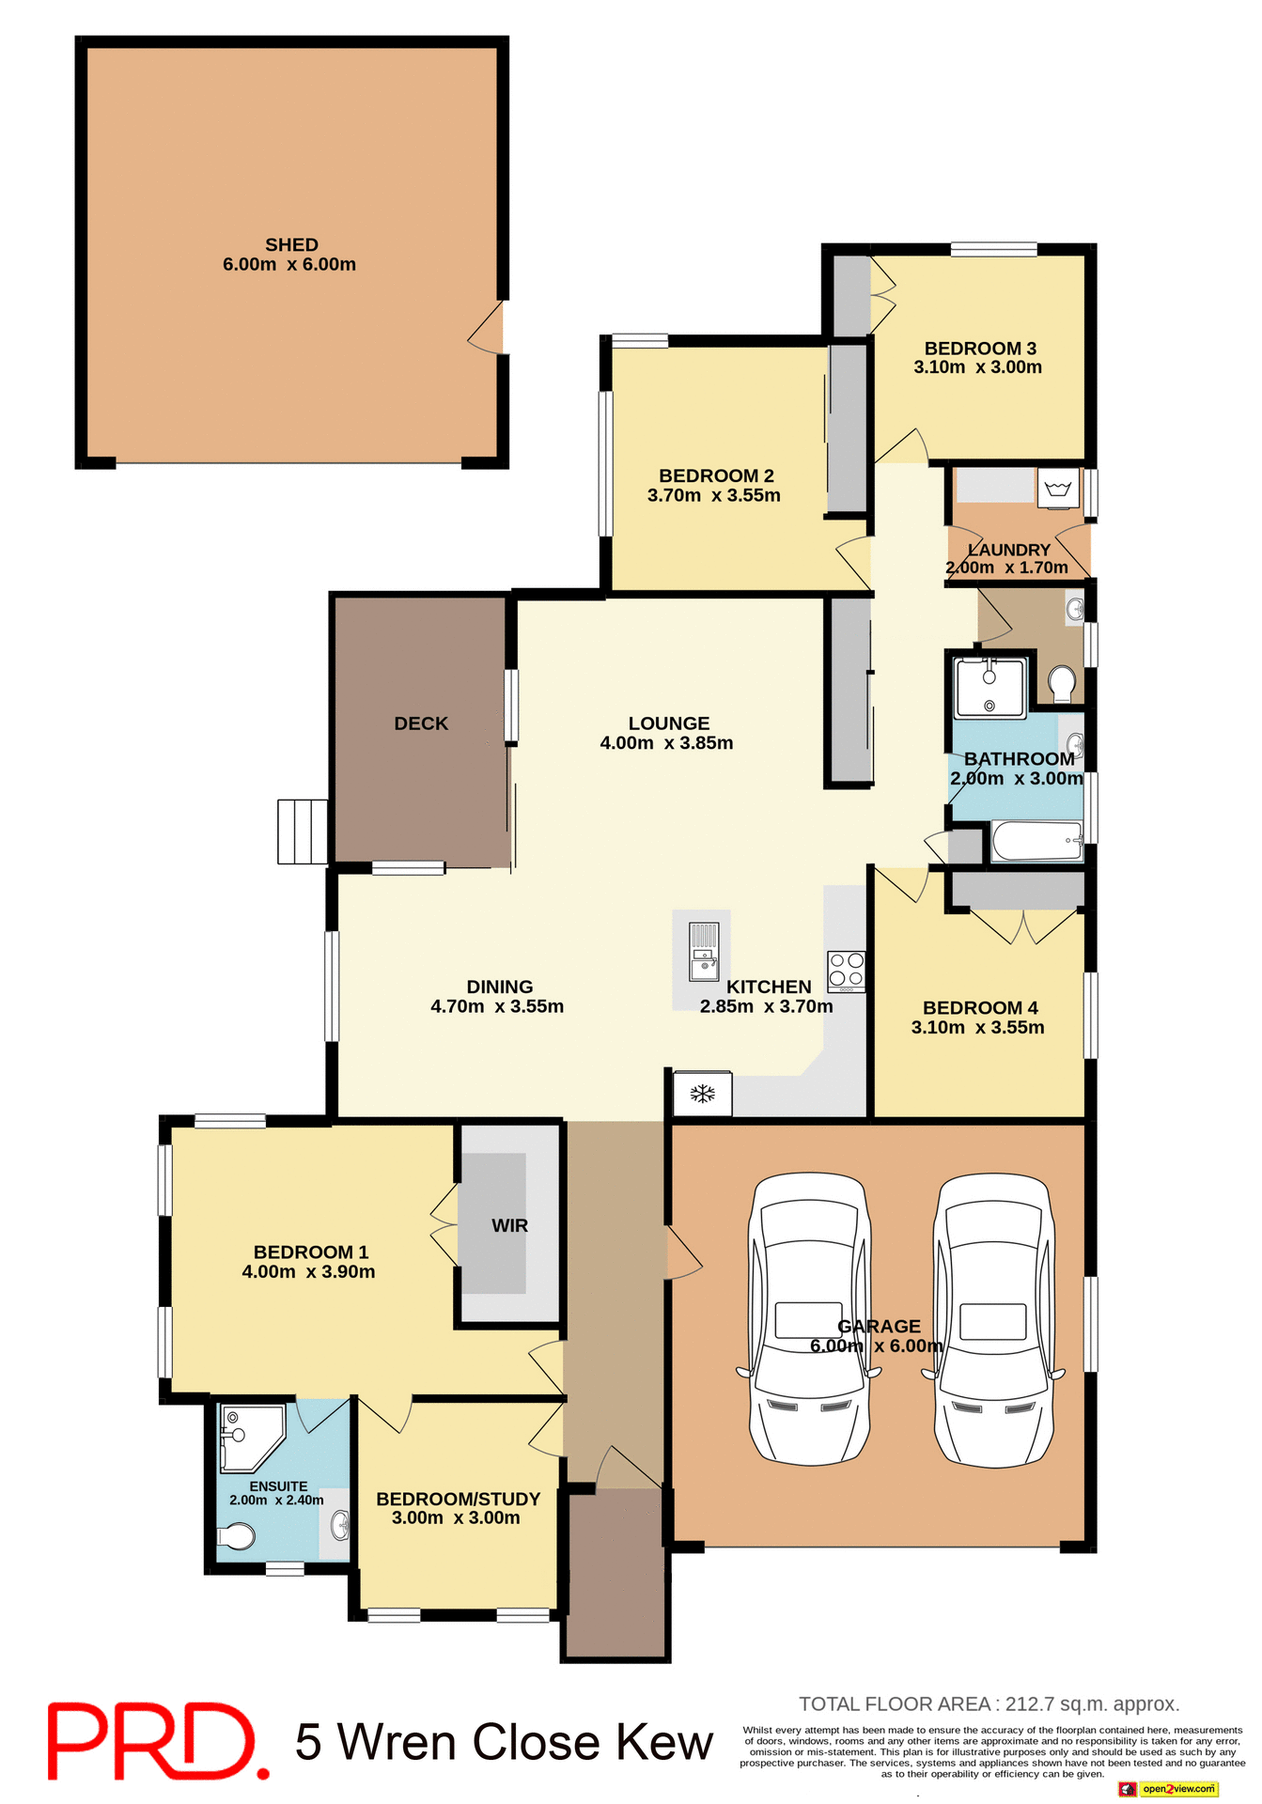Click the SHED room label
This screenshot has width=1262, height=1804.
click(x=291, y=245)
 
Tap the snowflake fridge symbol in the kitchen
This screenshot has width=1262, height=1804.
click(x=703, y=1094)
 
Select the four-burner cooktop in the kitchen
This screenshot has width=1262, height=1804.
click(x=846, y=972)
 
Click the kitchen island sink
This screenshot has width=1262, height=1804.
click(x=704, y=951)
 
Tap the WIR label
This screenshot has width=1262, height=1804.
click(x=509, y=1226)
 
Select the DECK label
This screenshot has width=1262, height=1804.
click(x=421, y=723)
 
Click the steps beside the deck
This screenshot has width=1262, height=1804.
click(x=303, y=832)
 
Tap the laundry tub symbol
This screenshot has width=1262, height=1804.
click(x=1059, y=490)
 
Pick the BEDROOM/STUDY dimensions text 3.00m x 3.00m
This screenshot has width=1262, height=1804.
click(x=456, y=1518)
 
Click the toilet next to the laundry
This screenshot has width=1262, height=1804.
click(x=1062, y=683)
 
